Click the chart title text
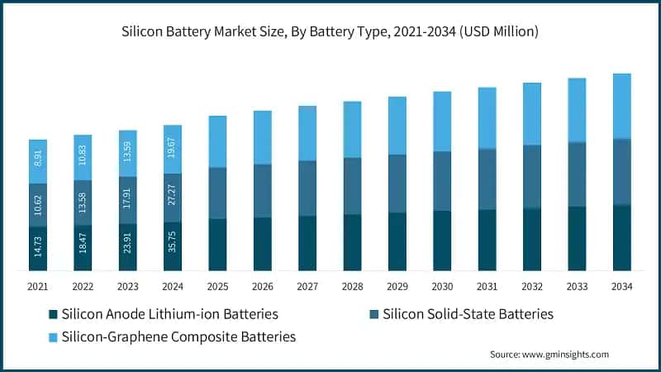pos(330,31)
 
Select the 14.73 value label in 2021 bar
pos(38,249)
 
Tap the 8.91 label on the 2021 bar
pos(38,160)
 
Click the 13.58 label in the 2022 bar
pos(83,203)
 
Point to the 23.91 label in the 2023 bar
pos(128,247)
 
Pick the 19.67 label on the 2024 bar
pos(173,149)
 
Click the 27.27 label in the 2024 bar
pos(173,198)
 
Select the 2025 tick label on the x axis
pos(217,286)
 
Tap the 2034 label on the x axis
pos(621,286)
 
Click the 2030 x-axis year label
pos(442,286)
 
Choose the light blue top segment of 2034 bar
pos(621,106)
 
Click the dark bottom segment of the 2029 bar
pos(397,241)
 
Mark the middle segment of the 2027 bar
pos(307,188)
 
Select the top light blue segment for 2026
pos(263,137)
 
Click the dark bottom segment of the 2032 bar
pos(532,239)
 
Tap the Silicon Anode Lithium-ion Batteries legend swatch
pos(54,314)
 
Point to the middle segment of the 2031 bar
pos(487,179)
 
